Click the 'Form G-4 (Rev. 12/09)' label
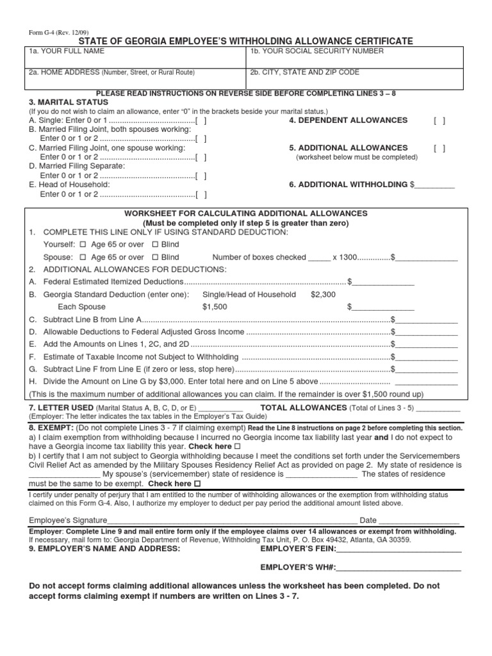click(x=57, y=32)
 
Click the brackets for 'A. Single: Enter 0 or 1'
click(x=201, y=120)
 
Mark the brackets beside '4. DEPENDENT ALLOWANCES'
click(x=439, y=120)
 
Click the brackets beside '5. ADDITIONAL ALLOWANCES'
click(x=439, y=148)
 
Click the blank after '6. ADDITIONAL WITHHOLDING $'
click(x=435, y=184)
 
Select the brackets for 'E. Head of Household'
click(x=201, y=194)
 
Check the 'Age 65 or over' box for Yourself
click(x=82, y=245)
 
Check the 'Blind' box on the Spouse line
click(x=155, y=258)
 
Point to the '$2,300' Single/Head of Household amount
click(x=323, y=295)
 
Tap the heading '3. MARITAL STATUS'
click(x=69, y=102)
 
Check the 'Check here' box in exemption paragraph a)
click(x=238, y=447)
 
